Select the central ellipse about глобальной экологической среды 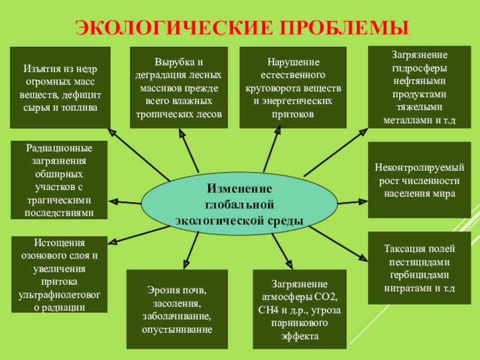239,204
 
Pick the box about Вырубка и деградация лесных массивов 179,88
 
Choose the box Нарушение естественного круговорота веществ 292,88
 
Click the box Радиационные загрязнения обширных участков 59,180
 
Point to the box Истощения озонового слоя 59,274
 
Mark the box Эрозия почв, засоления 177,310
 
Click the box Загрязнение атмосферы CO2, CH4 299,310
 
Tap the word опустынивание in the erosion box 177,329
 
